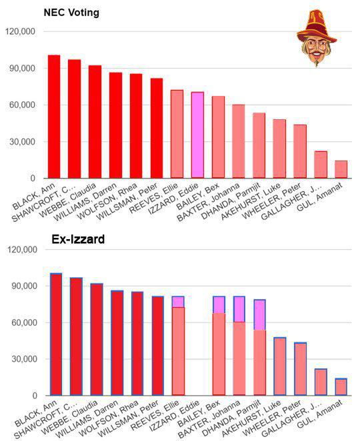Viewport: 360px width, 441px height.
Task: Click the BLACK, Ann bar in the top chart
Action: (x=54, y=117)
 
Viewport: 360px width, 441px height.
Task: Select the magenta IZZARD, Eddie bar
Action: (x=197, y=135)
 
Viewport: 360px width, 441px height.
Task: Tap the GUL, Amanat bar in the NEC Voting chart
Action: (x=341, y=169)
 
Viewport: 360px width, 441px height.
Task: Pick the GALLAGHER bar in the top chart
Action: (x=321, y=165)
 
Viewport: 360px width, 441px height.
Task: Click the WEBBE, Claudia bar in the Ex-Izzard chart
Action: (x=97, y=340)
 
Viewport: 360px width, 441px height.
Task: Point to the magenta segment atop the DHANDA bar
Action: (x=259, y=314)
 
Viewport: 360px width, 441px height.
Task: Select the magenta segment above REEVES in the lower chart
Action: (x=178, y=302)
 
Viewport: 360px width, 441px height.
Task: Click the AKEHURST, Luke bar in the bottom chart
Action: (x=280, y=366)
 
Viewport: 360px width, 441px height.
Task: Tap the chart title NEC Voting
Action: (x=71, y=13)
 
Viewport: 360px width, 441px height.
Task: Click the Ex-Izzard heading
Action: (x=78, y=239)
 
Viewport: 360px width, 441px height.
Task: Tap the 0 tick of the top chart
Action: (x=33, y=179)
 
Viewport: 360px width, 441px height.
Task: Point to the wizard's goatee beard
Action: (x=317, y=63)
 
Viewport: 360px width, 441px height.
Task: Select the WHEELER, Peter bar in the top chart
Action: (x=300, y=152)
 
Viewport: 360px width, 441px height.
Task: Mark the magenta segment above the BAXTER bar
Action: (x=239, y=309)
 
